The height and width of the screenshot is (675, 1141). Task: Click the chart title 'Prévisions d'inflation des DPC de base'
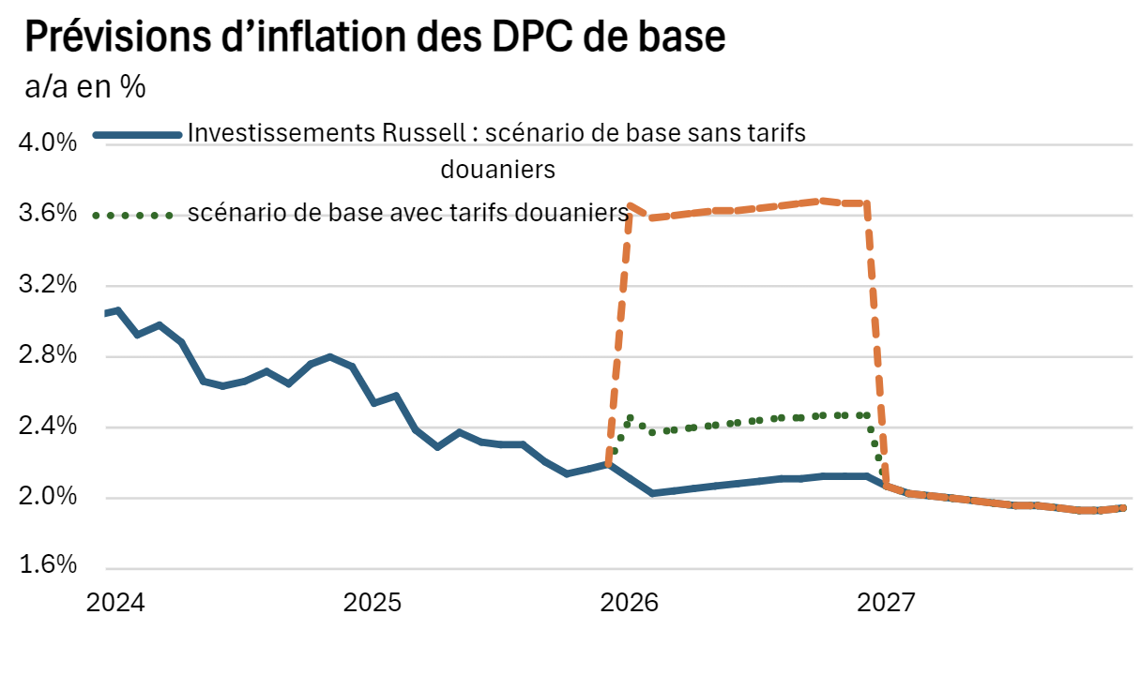[x=373, y=37]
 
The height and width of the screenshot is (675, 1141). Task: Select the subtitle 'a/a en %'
[x=84, y=88]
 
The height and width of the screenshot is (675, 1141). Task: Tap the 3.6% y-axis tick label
[x=47, y=215]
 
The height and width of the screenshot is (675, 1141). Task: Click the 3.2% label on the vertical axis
[x=47, y=285]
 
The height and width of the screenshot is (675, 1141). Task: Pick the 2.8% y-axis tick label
[x=47, y=356]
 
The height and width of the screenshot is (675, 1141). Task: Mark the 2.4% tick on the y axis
[x=47, y=427]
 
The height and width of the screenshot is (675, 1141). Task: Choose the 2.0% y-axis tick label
[x=47, y=498]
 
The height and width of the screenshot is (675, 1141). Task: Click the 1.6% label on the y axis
[x=47, y=567]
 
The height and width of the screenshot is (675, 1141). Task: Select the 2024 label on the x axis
[x=115, y=603]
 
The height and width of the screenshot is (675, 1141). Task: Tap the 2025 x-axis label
[x=373, y=603]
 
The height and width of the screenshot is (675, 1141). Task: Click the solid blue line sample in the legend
[x=137, y=136]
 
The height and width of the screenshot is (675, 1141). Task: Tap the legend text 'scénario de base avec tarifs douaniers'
[x=407, y=213]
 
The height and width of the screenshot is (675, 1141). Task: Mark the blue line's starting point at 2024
[x=106, y=312]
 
